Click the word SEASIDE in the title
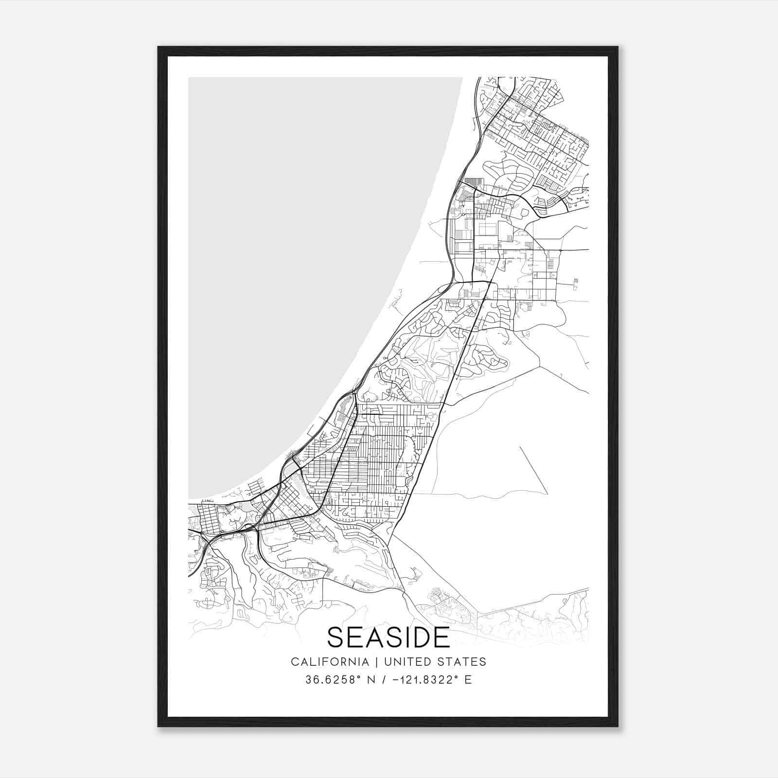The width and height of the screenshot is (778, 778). [389, 637]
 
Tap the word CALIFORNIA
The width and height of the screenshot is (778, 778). [330, 662]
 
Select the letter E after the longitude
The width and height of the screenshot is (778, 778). [468, 680]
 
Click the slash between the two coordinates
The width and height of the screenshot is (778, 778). [384, 680]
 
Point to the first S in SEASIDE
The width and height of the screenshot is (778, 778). [335, 637]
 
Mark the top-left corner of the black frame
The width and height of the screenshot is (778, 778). [159, 47]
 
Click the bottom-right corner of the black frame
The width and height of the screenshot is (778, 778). [618, 726]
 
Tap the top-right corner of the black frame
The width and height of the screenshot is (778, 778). [618, 47]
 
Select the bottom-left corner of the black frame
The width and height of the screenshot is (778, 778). [159, 726]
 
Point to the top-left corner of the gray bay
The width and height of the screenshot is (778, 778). [189, 78]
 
